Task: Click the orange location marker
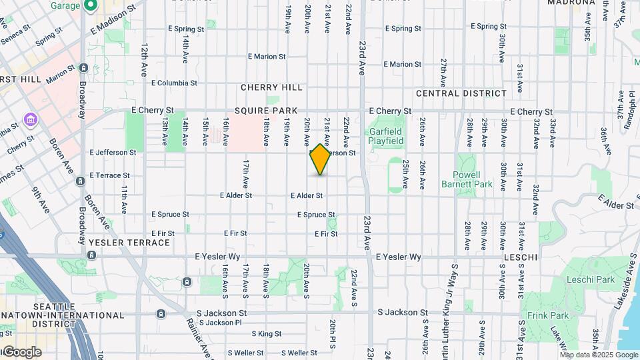[321, 159]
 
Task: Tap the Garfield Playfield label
[387, 136]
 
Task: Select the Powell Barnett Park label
[467, 179]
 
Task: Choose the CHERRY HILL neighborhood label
[271, 87]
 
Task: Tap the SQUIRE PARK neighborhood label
[260, 111]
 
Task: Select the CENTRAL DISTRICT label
[461, 93]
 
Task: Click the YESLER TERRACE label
[129, 243]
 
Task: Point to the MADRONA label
[571, 3]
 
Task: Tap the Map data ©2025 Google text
[599, 355]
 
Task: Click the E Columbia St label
[174, 83]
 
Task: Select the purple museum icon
[30, 119]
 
